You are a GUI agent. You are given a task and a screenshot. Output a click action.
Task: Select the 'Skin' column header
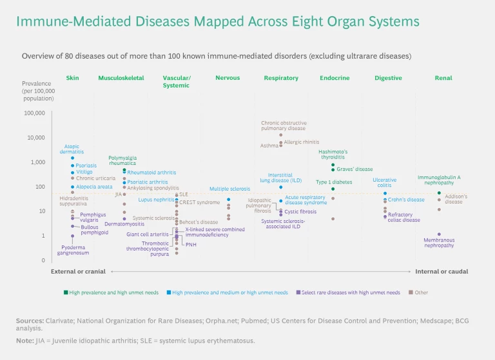click(x=72, y=78)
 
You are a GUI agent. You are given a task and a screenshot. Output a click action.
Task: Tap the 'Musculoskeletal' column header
click(x=121, y=78)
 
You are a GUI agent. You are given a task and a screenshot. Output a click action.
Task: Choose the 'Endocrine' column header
click(x=335, y=78)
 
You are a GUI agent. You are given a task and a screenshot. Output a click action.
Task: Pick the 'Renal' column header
click(x=443, y=78)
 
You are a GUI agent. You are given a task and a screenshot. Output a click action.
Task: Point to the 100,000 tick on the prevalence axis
click(x=34, y=113)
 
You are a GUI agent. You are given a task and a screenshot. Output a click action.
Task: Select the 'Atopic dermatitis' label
click(x=72, y=149)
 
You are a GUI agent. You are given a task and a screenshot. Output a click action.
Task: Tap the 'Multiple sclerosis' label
click(x=229, y=189)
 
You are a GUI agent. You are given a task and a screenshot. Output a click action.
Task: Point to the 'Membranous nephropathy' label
click(x=439, y=243)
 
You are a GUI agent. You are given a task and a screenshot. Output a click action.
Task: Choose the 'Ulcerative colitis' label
click(x=384, y=183)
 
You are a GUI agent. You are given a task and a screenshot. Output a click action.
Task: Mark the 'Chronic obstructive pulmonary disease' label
click(x=284, y=126)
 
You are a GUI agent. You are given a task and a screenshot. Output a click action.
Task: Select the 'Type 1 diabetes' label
click(x=334, y=182)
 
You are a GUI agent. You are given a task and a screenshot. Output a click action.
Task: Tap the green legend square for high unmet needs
click(x=66, y=292)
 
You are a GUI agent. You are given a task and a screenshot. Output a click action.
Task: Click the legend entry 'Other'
click(x=421, y=292)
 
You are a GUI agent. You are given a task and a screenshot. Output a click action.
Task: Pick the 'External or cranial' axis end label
click(x=78, y=272)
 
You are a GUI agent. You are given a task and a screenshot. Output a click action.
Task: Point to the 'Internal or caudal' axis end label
click(x=442, y=272)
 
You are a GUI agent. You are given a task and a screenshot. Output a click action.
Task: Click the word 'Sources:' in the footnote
click(x=30, y=320)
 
